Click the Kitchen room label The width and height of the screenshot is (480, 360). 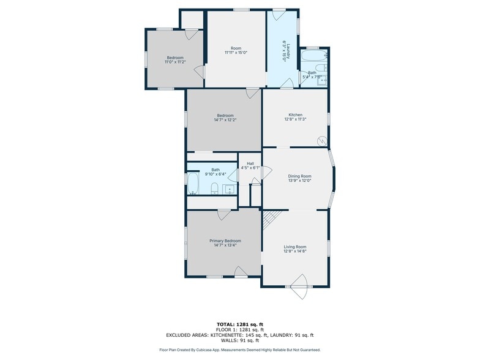pos(295,115)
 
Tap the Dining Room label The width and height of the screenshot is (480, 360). pos(300,176)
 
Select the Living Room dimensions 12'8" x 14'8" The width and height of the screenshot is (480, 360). pos(295,251)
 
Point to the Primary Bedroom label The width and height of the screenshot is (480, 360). pos(225,241)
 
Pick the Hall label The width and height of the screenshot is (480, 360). pos(250,164)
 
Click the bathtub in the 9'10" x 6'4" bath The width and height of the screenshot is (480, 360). pos(193,184)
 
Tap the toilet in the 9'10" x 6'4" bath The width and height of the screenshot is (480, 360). pos(214,189)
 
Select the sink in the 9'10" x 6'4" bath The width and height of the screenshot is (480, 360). pos(229,190)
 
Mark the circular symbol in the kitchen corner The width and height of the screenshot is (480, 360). pos(322,141)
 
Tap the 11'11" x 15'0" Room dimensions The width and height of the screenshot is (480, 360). pos(236,53)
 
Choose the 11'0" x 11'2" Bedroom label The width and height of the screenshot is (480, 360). pos(175,58)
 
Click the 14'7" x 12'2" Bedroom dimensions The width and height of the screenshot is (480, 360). pos(225,120)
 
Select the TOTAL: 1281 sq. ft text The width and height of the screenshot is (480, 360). pos(240,324)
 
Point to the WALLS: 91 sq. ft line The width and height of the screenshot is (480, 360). pos(240,340)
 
